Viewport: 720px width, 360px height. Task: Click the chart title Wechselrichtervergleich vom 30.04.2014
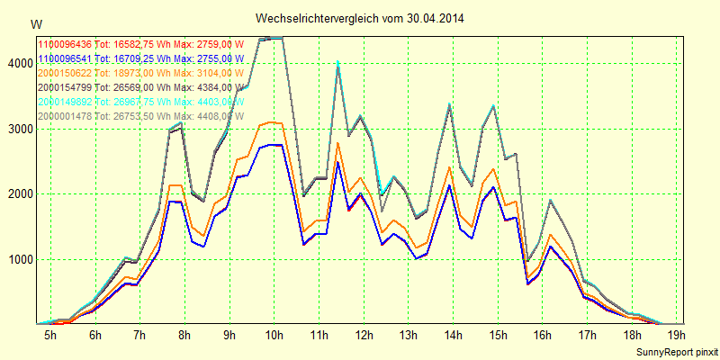point(360,18)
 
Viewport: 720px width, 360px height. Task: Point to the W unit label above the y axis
point(35,23)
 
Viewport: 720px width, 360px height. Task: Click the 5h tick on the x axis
point(51,335)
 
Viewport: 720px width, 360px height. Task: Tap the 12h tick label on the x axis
point(364,335)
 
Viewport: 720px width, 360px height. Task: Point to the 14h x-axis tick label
point(453,335)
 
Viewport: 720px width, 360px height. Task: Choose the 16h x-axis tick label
point(542,335)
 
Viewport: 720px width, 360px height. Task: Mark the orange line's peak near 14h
point(449,167)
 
